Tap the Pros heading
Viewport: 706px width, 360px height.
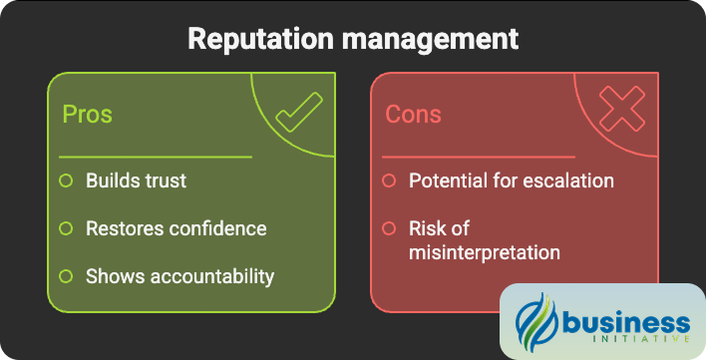[87, 114]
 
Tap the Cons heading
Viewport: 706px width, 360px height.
[413, 114]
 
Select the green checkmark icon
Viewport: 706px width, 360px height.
[298, 112]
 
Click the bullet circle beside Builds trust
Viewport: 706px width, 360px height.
[66, 180]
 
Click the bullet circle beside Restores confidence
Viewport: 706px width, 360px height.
[66, 228]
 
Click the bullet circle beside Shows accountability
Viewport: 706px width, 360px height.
[66, 276]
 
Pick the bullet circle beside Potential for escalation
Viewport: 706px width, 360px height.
[390, 180]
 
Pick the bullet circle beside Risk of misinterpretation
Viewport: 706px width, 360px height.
[390, 228]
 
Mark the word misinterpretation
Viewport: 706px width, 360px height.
[485, 252]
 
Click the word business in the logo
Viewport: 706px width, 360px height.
[625, 321]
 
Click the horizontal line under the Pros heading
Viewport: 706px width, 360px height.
[155, 157]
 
